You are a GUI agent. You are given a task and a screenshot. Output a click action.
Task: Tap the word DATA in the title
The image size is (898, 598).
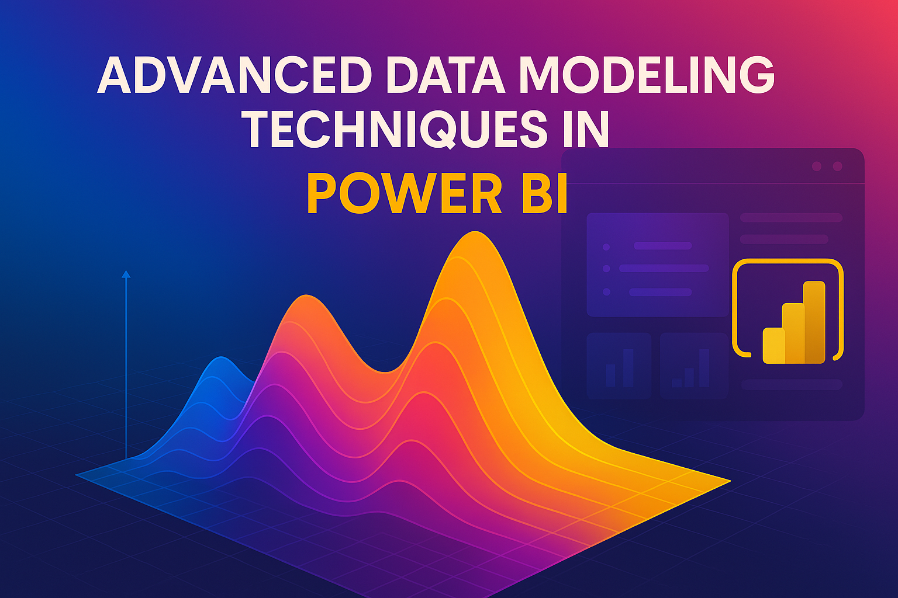(x=445, y=75)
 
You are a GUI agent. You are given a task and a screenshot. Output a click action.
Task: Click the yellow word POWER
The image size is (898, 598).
(x=405, y=193)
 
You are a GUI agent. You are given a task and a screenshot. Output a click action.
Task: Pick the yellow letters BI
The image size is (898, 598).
(x=544, y=193)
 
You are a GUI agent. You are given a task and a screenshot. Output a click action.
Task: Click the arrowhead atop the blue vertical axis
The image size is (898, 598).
(x=126, y=274)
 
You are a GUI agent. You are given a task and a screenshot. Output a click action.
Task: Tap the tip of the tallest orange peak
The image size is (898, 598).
(x=475, y=231)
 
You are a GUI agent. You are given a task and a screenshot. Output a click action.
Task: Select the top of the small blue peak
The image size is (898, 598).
(x=221, y=356)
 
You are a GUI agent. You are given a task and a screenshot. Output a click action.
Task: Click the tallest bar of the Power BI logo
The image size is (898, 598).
(x=814, y=322)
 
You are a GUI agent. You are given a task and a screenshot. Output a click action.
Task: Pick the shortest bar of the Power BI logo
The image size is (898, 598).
(x=773, y=345)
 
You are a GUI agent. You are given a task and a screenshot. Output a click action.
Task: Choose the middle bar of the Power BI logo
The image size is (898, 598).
(x=793, y=333)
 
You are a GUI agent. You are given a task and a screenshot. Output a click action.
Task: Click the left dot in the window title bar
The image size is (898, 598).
(x=817, y=166)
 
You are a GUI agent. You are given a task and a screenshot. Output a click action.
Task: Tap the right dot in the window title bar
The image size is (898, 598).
(x=837, y=166)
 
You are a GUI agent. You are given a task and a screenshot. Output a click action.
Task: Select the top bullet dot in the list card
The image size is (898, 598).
(x=606, y=246)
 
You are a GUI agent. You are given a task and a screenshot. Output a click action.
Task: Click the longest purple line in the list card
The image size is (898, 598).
(x=664, y=269)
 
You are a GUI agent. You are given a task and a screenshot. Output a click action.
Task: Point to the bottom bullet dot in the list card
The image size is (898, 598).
(x=606, y=292)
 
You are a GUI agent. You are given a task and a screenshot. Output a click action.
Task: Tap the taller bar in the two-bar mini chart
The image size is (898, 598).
(x=628, y=368)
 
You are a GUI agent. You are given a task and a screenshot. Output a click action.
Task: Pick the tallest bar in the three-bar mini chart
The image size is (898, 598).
(x=704, y=368)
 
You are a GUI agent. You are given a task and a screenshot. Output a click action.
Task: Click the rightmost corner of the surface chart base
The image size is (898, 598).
(x=730, y=481)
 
